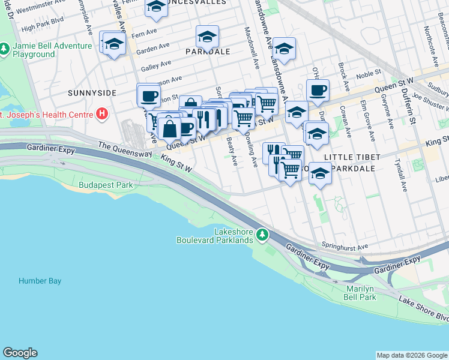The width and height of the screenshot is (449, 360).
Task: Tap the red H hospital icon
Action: click(103, 113)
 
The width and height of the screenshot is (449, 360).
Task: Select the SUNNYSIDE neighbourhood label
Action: click(92, 93)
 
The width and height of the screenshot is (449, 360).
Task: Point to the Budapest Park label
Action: click(106, 185)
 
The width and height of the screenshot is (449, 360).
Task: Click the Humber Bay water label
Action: click(40, 280)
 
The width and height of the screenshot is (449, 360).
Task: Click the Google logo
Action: click(20, 353)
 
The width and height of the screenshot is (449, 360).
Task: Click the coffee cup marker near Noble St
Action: click(318, 91)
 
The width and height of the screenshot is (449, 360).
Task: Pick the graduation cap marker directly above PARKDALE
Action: click(207, 37)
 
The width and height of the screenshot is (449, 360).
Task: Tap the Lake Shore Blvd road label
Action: click(423, 308)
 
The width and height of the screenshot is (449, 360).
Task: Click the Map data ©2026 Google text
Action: click(411, 355)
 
